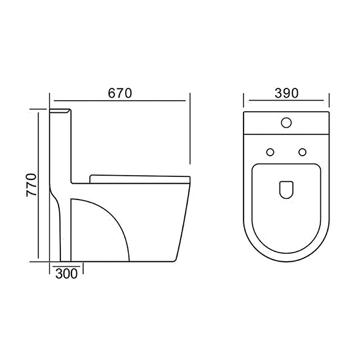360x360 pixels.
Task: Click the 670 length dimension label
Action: tap(120, 93)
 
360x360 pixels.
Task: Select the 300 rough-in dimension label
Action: tap(66, 274)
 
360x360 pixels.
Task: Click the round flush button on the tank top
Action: tap(286, 123)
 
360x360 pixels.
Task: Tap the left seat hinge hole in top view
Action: tap(270, 151)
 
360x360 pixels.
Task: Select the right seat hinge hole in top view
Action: tap(301, 151)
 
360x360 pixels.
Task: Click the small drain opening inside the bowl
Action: tap(286, 190)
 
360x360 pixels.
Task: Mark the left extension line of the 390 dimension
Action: tap(244, 101)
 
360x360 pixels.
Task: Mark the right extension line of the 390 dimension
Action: tap(329, 101)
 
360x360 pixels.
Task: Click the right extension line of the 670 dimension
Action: tap(190, 128)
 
